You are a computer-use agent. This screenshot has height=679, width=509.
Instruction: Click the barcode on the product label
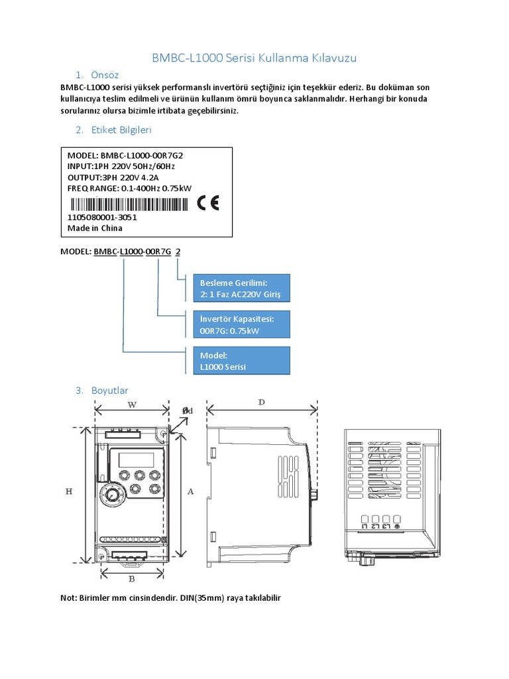pyautogui.click(x=130, y=204)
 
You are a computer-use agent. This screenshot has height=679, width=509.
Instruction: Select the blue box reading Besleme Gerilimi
pyautogui.click(x=241, y=288)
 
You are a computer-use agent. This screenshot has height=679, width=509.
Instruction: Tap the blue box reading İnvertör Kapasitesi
pyautogui.click(x=241, y=324)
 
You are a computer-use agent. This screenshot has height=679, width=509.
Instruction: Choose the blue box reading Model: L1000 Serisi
pyautogui.click(x=241, y=361)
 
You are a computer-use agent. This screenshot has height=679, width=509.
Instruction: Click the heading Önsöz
pyautogui.click(x=105, y=74)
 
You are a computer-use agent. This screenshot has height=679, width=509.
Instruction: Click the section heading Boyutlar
pyautogui.click(x=111, y=391)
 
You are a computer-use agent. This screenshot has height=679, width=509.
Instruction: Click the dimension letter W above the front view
pyautogui.click(x=132, y=406)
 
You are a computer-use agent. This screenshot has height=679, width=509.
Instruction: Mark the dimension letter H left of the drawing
pyautogui.click(x=69, y=491)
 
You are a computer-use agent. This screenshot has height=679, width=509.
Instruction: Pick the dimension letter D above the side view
pyautogui.click(x=261, y=402)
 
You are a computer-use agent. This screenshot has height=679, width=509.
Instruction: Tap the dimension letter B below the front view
pyautogui.click(x=132, y=578)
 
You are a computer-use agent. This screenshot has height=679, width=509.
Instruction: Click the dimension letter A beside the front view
pyautogui.click(x=190, y=491)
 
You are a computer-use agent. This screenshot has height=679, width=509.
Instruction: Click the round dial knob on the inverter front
pyautogui.click(x=112, y=495)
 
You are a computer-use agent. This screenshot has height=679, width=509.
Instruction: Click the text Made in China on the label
pyautogui.click(x=95, y=228)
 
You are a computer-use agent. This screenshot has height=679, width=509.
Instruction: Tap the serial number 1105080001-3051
pyautogui.click(x=103, y=217)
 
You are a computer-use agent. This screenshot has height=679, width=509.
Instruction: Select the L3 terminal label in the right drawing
pyautogui.click(x=386, y=526)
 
